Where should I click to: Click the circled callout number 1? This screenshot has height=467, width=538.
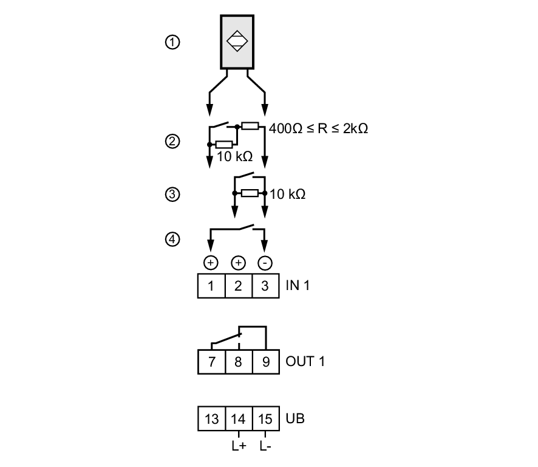(x=172, y=43)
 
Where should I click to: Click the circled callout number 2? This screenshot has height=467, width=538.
(x=172, y=142)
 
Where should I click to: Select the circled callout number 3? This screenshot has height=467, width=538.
(x=172, y=195)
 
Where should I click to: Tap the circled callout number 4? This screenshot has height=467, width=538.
(x=172, y=240)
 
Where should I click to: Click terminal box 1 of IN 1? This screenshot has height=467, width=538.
(x=211, y=286)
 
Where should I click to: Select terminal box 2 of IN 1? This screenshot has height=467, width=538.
(x=238, y=286)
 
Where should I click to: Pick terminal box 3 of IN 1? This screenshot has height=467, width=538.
(x=265, y=286)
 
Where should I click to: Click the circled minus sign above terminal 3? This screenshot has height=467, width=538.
(x=265, y=263)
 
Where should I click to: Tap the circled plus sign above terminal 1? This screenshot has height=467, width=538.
(x=211, y=263)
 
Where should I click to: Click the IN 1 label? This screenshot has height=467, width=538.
(x=298, y=286)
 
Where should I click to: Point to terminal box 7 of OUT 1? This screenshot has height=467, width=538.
(x=212, y=362)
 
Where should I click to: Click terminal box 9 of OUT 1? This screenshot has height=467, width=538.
(x=265, y=362)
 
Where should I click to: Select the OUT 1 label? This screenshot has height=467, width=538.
(x=305, y=362)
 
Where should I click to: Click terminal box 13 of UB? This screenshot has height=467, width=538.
(x=212, y=419)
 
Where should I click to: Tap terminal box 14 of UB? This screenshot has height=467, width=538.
(x=239, y=419)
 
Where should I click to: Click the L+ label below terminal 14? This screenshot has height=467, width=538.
(x=238, y=446)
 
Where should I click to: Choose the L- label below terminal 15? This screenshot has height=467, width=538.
(x=265, y=446)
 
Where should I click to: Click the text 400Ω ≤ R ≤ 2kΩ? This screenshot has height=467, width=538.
(x=319, y=129)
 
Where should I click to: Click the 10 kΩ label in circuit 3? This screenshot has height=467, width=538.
(x=288, y=195)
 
